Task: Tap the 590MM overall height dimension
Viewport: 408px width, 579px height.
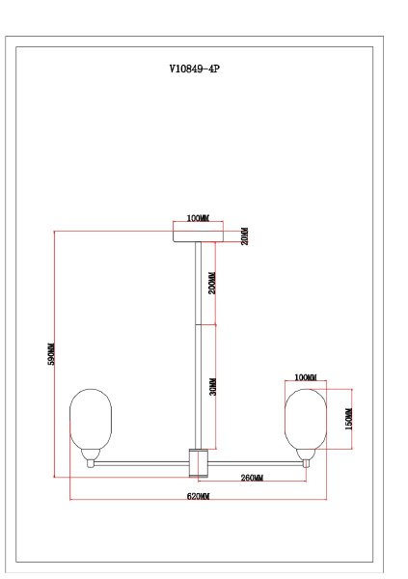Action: click(53, 354)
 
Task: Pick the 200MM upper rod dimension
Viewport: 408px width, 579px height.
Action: click(212, 283)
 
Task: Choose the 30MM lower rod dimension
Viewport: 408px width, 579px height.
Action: click(212, 386)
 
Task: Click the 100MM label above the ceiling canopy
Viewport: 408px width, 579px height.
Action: click(198, 219)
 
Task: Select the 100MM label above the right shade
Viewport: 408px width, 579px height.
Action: click(305, 376)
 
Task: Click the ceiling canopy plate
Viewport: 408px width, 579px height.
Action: click(197, 234)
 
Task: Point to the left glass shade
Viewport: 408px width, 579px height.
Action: click(91, 420)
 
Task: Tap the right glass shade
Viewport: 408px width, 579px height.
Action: click(305, 420)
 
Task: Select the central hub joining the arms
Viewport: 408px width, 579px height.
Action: click(198, 462)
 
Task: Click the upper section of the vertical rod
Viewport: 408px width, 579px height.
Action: click(199, 285)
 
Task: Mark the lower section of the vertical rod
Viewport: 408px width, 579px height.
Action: click(199, 386)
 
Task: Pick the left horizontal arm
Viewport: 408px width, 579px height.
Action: click(140, 463)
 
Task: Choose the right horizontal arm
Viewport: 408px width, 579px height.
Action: click(256, 463)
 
